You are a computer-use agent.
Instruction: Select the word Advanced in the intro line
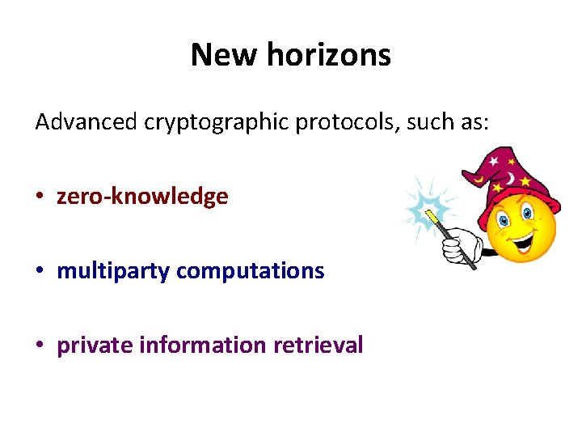coord(86,122)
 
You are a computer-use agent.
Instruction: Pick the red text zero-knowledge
coord(142,197)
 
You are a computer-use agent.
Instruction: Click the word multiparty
coord(112,271)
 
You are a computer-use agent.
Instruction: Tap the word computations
coord(250,271)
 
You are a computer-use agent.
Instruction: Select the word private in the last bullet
coord(95,346)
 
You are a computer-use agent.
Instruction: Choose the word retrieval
coord(318,345)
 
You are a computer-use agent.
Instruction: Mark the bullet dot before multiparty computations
coord(40,272)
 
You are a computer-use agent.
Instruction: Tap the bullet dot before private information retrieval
coord(40,346)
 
